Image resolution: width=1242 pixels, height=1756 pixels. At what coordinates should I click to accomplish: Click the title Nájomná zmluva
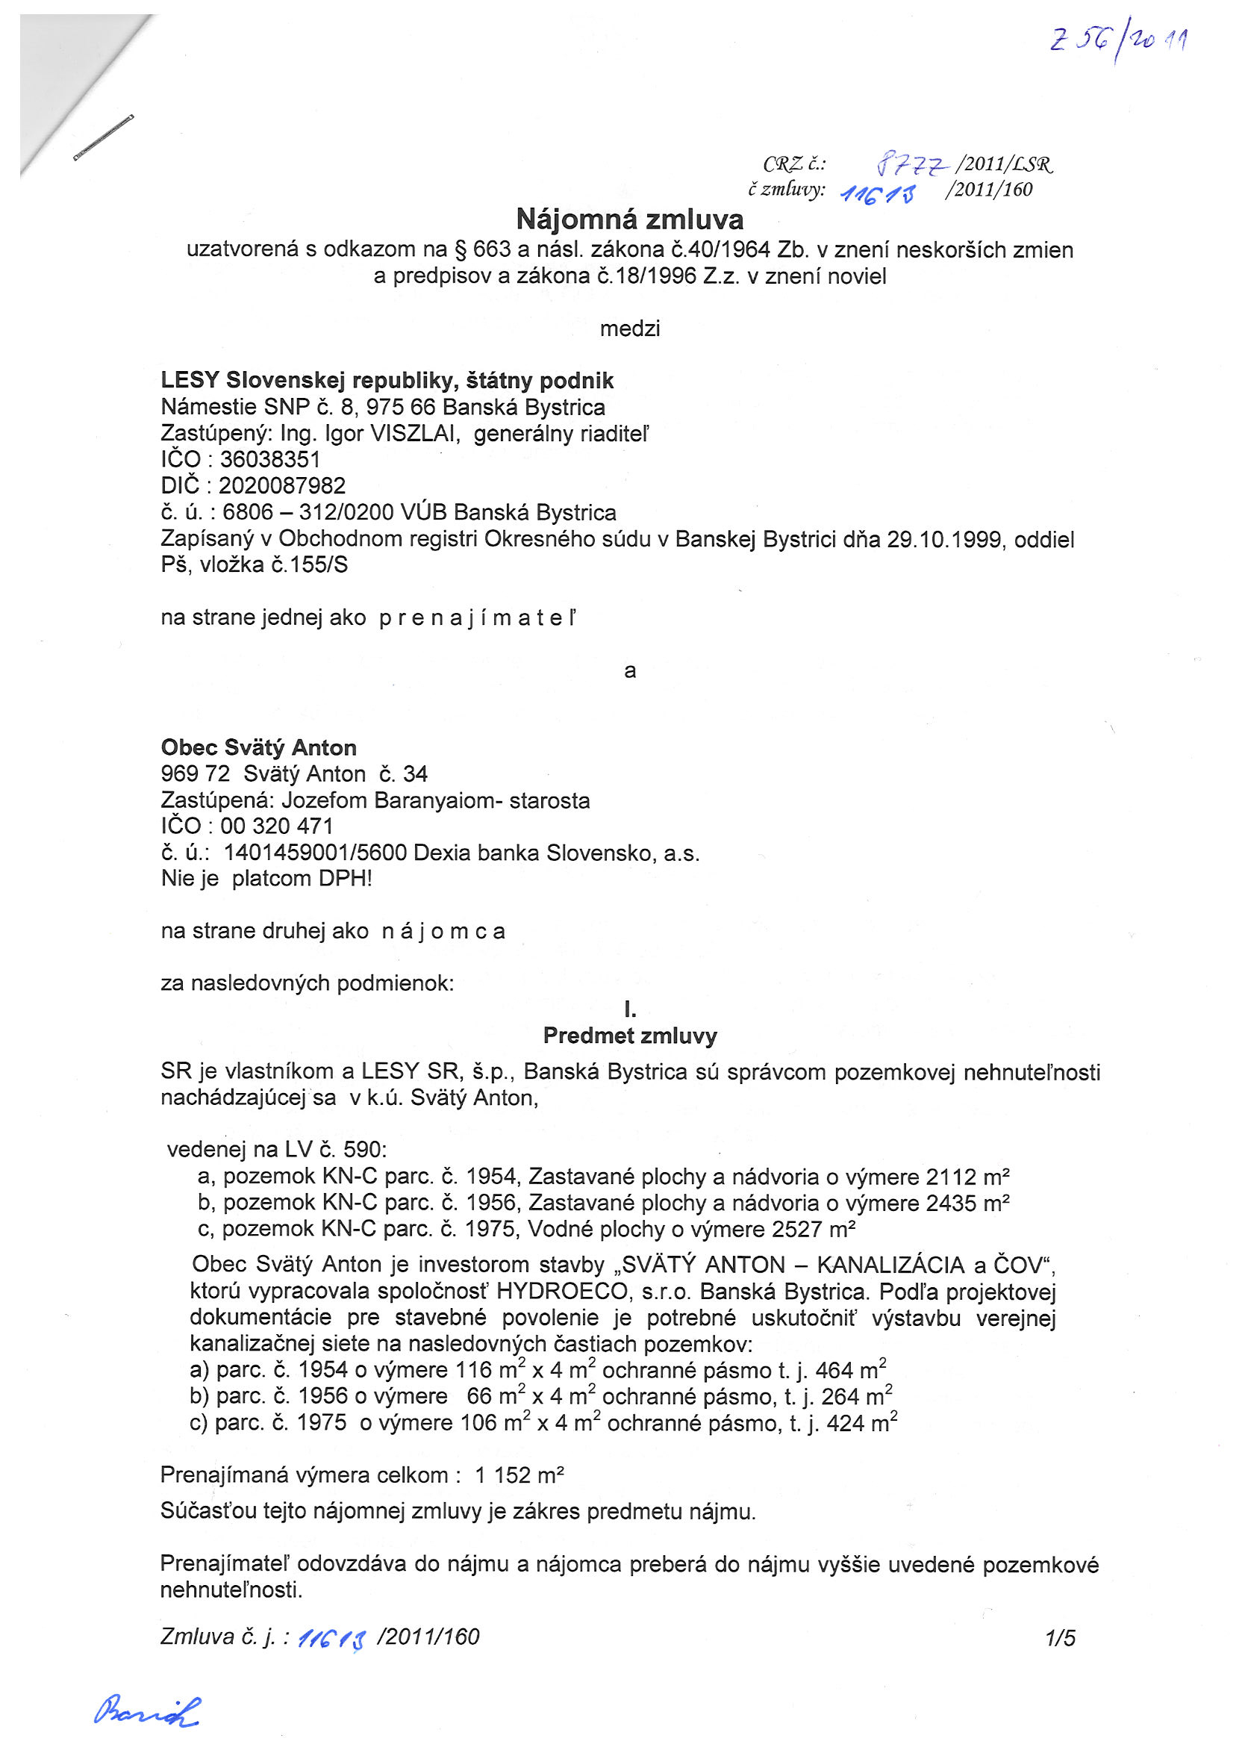coord(629,219)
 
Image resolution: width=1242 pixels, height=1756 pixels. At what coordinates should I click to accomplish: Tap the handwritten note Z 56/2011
coord(1118,42)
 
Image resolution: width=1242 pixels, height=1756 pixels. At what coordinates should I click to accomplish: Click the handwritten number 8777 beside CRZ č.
coord(912,163)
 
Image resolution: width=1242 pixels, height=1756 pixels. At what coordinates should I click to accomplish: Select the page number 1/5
coord(1060,1637)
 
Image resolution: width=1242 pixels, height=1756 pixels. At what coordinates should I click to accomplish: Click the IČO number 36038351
coord(270,460)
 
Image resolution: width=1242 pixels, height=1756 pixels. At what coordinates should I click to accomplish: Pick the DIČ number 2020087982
coord(281,485)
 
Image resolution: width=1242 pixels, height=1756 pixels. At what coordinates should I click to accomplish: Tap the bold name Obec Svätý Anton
coord(258,747)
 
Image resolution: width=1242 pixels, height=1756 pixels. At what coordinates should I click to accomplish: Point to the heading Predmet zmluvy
coord(629,1036)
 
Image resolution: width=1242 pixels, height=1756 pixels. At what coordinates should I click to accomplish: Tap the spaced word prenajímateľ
coord(477,618)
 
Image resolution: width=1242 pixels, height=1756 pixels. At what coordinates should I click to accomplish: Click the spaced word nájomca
coord(443,931)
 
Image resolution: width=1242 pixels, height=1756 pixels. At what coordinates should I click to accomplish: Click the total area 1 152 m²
coord(519,1475)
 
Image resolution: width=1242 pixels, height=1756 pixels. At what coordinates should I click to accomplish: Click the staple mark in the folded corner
coord(103,137)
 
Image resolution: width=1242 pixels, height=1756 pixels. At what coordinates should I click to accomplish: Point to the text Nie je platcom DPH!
coord(266,878)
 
